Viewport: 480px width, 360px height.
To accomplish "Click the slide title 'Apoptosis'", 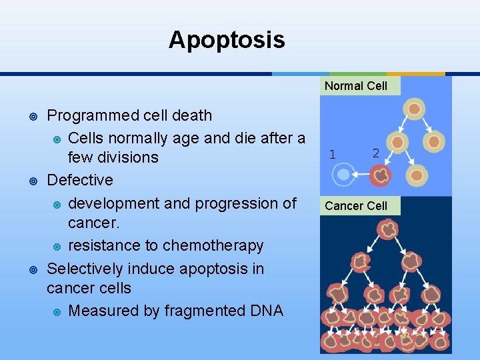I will (227, 40).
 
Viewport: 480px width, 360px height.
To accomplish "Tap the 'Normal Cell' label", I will (356, 86).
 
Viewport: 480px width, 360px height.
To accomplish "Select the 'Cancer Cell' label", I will (356, 206).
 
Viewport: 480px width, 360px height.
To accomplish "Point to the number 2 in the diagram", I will (376, 153).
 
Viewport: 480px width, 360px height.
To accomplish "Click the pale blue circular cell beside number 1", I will (343, 175).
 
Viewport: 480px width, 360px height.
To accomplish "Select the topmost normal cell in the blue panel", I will (414, 109).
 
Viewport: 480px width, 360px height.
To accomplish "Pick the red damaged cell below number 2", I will (381, 175).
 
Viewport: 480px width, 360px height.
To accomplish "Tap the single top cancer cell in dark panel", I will (387, 230).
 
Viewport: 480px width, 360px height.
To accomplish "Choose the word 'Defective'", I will (80, 180).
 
